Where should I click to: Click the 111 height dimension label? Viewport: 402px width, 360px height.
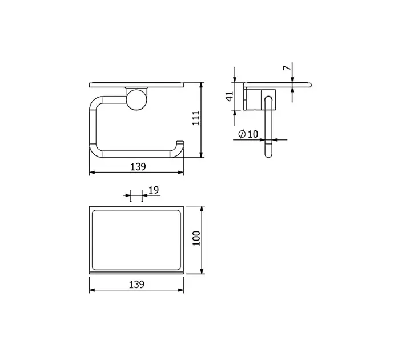196,118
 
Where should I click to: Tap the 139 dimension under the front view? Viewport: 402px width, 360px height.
138,167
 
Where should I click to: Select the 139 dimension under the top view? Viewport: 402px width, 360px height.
136,285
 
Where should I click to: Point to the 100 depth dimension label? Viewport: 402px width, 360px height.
196,238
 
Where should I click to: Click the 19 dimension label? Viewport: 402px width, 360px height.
154,190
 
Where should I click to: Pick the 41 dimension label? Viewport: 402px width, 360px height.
230,96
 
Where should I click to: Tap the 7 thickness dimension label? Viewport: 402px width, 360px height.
287,68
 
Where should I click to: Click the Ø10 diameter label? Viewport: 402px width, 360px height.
248,134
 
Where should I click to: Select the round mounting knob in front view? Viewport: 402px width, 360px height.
136,100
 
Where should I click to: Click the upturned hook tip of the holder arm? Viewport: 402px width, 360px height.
180,142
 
